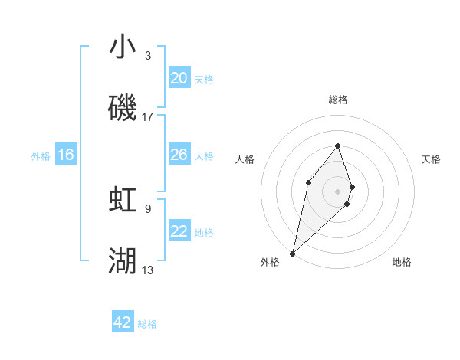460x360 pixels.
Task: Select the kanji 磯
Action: pos(123,109)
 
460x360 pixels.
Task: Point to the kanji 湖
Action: pos(123,261)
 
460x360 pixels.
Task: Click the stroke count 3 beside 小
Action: pos(148,55)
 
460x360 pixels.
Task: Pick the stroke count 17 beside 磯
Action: pos(148,117)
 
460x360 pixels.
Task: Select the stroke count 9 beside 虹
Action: pos(148,208)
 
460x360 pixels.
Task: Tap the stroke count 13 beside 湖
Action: pos(148,270)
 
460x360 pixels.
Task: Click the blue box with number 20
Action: pos(179,78)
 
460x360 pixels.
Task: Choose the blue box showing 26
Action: pos(179,155)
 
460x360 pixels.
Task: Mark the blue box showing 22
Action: pos(179,231)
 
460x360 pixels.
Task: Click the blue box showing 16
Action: pos(66,155)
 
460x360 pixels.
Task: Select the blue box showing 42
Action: pos(123,322)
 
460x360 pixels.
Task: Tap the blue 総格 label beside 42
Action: pos(147,324)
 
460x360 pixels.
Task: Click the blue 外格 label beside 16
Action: pos(41,156)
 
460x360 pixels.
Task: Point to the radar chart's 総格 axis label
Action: pos(338,100)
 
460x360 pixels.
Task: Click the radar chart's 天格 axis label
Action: pos(431,159)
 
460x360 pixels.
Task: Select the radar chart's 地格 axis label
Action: pos(402,262)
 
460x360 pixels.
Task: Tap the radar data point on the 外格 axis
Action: pos(292,253)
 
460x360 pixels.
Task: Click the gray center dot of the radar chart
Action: pos(338,191)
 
